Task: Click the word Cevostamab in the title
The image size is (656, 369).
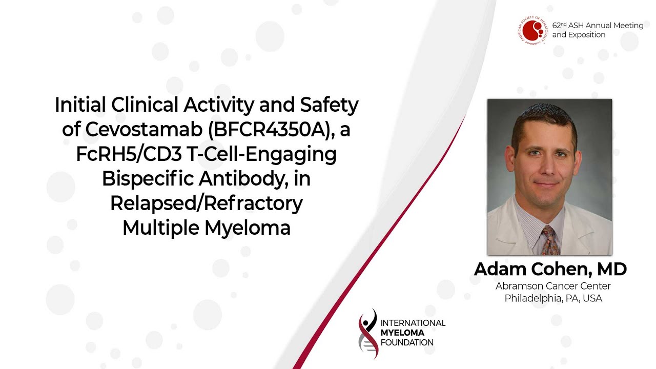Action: coord(144,129)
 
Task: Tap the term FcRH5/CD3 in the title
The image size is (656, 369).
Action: coord(129,154)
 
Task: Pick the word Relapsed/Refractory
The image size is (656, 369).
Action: coord(207,204)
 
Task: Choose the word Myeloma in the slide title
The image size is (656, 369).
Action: coord(248,228)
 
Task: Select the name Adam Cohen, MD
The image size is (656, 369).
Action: coord(550,269)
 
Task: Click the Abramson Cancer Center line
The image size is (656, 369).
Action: coord(553,286)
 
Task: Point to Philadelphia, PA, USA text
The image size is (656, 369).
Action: coord(553,298)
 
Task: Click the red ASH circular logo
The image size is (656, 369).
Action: coord(532,30)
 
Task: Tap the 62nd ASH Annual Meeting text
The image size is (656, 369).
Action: coord(598,26)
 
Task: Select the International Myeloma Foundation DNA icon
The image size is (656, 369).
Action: coord(368,334)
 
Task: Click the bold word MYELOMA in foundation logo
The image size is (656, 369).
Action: coord(402,333)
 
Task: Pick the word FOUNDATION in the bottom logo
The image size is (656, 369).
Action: coord(407,343)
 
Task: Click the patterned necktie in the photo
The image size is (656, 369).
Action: coord(550,241)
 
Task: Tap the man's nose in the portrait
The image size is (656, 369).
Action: coord(547,167)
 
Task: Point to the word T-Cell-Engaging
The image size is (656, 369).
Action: coord(261,155)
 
